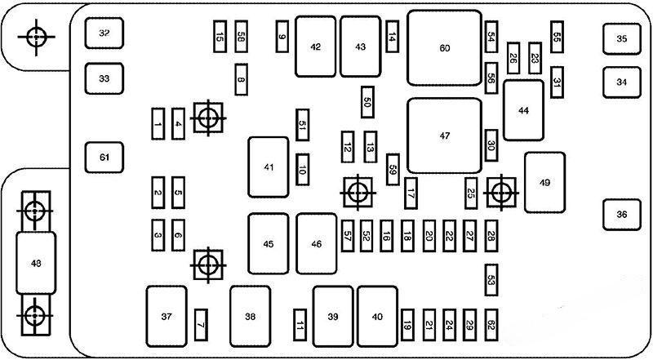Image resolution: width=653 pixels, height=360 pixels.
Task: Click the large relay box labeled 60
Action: coord(444,48)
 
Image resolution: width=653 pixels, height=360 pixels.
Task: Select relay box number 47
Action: coord(444,136)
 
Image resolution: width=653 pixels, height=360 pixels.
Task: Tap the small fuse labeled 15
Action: coord(220,36)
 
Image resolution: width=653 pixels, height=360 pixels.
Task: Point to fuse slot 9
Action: coord(282,36)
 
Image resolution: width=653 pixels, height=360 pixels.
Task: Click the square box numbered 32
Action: coord(104,33)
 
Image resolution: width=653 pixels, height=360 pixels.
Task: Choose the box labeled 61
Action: coord(104,157)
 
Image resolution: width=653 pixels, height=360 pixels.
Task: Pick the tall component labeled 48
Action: coord(35,263)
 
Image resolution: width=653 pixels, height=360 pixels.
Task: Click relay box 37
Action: coord(167,316)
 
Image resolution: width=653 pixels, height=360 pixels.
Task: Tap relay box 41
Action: coord(269,167)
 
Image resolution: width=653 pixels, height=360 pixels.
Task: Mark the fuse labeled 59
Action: coord(393,169)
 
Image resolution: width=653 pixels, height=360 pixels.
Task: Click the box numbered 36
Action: coord(622,215)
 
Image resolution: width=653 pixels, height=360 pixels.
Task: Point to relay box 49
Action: coord(544,181)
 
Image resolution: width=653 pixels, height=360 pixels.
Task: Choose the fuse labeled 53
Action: coord(491,279)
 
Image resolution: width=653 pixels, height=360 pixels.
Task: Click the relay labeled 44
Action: coord(523,110)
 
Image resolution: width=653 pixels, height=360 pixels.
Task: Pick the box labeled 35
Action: coord(622,38)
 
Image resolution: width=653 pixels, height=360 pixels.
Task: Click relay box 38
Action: coord(250,316)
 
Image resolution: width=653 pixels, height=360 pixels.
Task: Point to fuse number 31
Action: coord(557,82)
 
